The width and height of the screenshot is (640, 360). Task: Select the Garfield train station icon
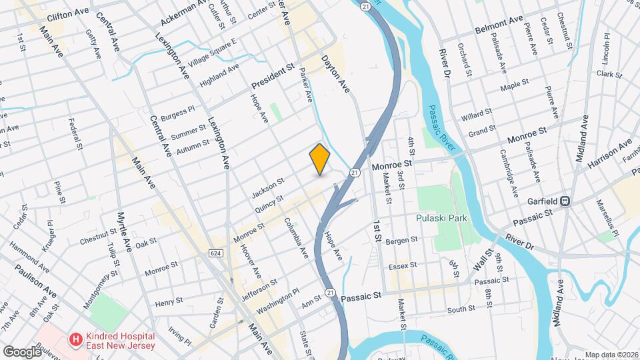click(565, 200)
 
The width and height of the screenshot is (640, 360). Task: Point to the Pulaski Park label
click(441, 218)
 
